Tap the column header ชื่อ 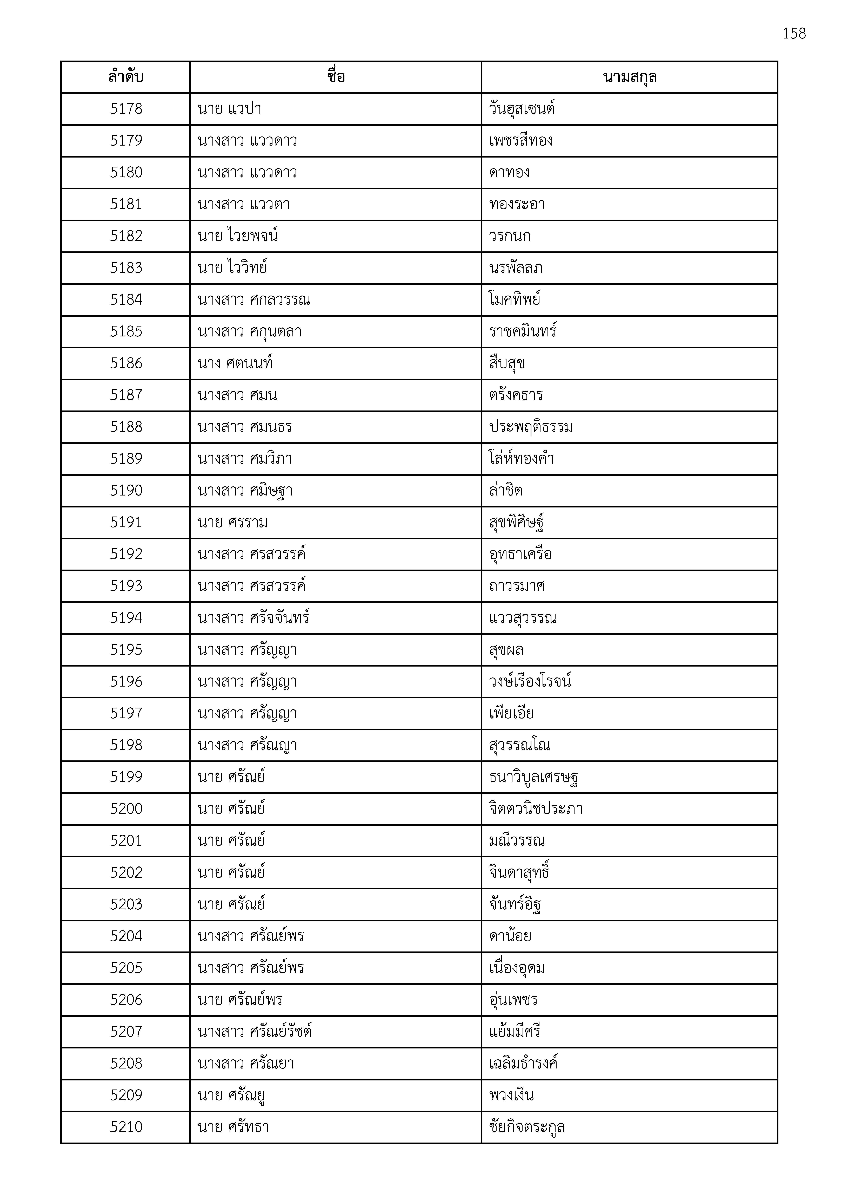point(335,77)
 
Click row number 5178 point(126,109)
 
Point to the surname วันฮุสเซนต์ point(522,109)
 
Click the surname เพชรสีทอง point(521,141)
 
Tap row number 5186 point(126,363)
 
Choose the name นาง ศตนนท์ point(235,363)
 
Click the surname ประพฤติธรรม point(531,427)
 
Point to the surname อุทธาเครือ point(520,554)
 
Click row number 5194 point(126,618)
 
